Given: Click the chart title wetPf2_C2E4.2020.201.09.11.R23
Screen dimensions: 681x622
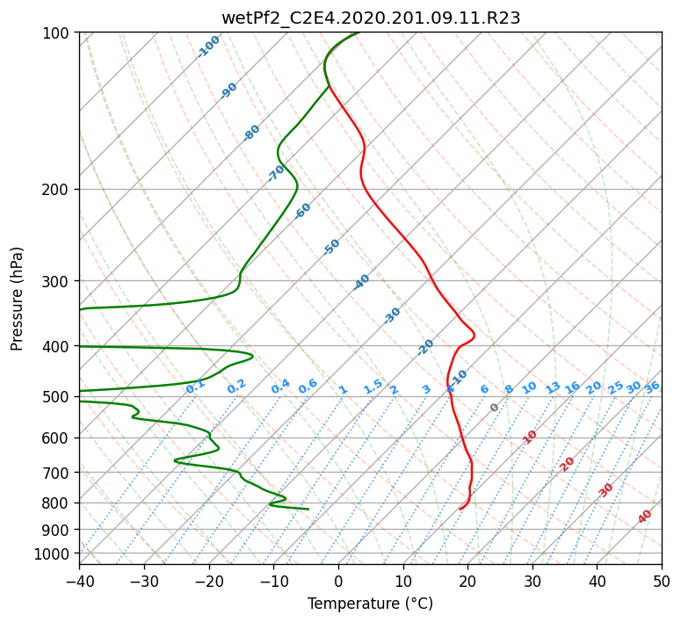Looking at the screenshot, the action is coord(371,18).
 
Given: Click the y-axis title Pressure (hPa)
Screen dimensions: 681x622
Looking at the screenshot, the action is coord(17,299).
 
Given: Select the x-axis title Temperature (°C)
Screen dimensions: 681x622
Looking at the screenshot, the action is coord(371,604).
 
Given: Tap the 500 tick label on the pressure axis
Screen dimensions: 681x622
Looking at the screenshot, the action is coord(58,396).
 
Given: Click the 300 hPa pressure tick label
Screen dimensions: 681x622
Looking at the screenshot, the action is coord(58,281).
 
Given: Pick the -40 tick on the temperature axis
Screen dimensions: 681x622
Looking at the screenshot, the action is coord(80,581).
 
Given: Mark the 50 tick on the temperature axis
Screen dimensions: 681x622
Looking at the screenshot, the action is coord(662,581).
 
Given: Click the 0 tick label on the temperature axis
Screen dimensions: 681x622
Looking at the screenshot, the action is coord(338,581).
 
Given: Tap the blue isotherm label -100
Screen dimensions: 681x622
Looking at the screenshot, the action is coord(208,47).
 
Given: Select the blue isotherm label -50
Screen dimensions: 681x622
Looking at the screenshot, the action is coord(331,247).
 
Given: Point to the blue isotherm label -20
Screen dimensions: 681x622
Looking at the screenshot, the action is coord(425,347).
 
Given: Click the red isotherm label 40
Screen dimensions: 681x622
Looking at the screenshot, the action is coord(644,517).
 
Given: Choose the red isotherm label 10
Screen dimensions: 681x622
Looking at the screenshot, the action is coord(530,437).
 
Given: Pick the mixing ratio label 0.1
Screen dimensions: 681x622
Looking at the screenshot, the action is coord(195,387).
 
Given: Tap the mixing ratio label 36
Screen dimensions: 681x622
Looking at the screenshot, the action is coord(652,387).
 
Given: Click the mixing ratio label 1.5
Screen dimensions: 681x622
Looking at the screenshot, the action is coord(373,387).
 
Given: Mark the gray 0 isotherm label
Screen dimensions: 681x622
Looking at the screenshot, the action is coord(494,408).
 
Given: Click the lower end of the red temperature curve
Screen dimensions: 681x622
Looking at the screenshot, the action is coord(460,509).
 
